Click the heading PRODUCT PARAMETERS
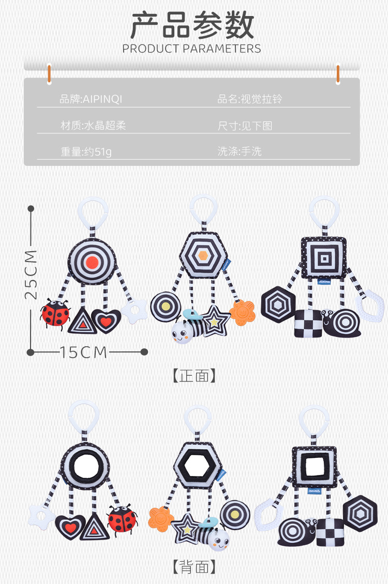click(x=192, y=49)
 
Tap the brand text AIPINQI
click(x=91, y=99)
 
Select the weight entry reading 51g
click(x=86, y=152)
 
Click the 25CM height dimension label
click(x=31, y=274)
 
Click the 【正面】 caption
click(x=194, y=376)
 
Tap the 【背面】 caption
click(x=194, y=567)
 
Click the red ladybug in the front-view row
click(x=55, y=313)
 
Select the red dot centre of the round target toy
click(x=92, y=262)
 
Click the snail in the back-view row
click(x=295, y=531)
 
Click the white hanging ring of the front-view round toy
click(x=91, y=212)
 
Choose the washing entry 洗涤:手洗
click(x=240, y=152)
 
